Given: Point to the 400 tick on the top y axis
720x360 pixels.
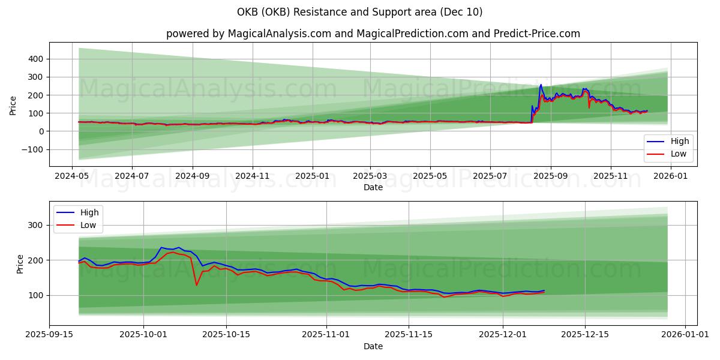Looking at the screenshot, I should click(x=34, y=59).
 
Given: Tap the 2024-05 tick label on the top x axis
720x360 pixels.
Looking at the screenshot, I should click(x=73, y=177).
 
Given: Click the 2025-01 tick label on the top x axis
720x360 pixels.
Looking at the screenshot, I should click(x=312, y=177).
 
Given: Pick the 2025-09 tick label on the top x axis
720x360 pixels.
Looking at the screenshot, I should click(x=550, y=177).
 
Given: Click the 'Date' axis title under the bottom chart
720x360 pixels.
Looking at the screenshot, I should click(x=373, y=346).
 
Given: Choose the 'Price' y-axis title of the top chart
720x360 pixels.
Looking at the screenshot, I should click(x=13, y=105).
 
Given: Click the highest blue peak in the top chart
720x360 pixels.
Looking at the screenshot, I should click(x=541, y=85).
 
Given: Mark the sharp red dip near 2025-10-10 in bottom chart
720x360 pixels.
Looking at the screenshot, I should click(x=196, y=284).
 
